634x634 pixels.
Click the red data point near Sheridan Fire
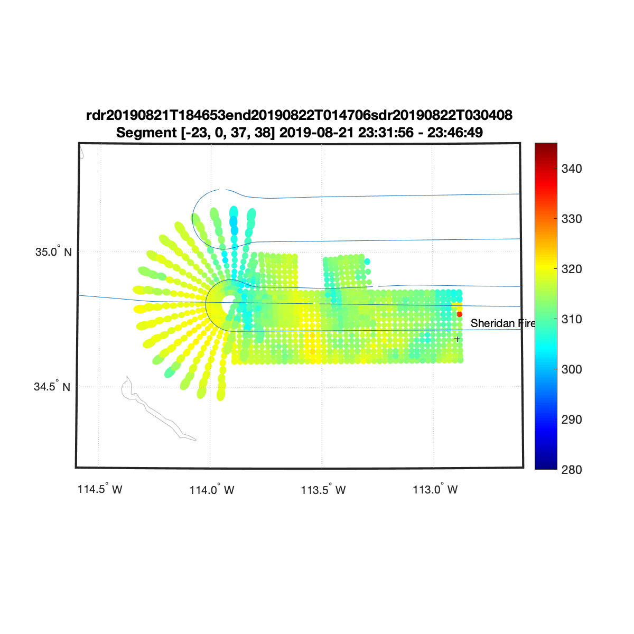pos(459,314)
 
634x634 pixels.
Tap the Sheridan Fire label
pos(503,323)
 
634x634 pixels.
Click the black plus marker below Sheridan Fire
pos(457,339)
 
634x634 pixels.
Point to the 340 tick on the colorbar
pos(572,169)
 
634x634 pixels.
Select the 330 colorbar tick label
pos(572,219)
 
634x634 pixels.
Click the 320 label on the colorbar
pos(572,269)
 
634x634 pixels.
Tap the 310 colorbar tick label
pos(572,319)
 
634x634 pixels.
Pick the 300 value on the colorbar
pos(572,369)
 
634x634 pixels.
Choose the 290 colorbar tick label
pos(572,419)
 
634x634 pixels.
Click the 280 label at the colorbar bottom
pos(572,470)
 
